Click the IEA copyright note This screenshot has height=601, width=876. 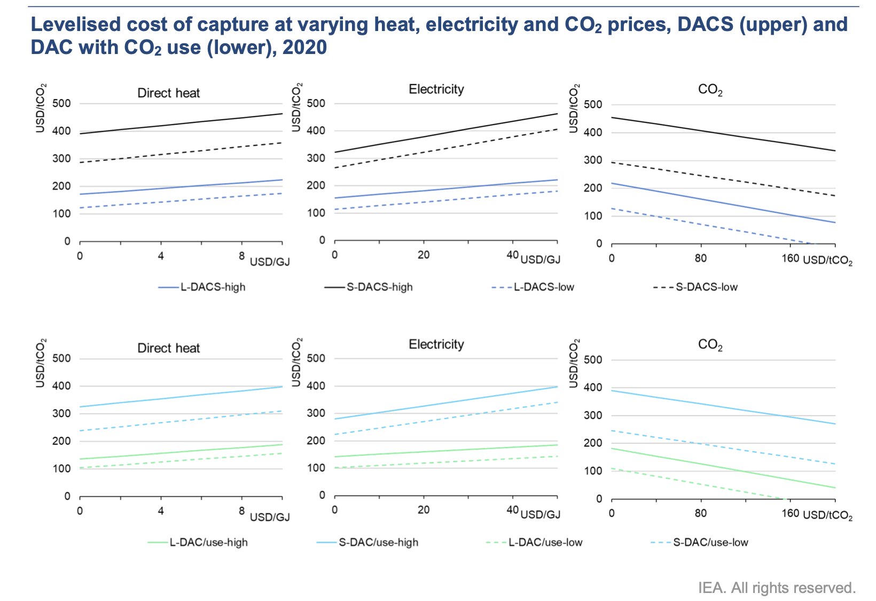776,588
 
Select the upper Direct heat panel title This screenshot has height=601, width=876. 168,93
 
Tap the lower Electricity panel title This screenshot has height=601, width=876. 436,344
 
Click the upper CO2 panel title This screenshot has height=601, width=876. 710,90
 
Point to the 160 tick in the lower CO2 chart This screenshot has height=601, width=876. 790,513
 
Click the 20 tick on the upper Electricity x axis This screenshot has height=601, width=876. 424,255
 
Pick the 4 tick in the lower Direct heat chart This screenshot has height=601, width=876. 161,511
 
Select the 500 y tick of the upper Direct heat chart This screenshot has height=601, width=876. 61,103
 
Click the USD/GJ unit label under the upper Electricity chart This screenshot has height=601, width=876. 540,260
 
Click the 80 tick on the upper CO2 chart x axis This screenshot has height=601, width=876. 700,258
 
